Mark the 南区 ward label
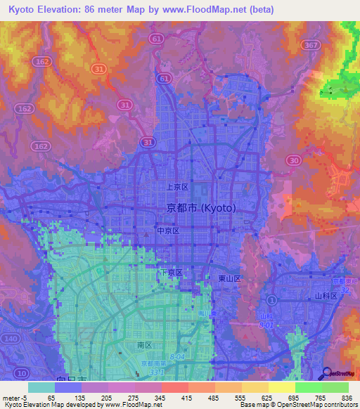[144, 346]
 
